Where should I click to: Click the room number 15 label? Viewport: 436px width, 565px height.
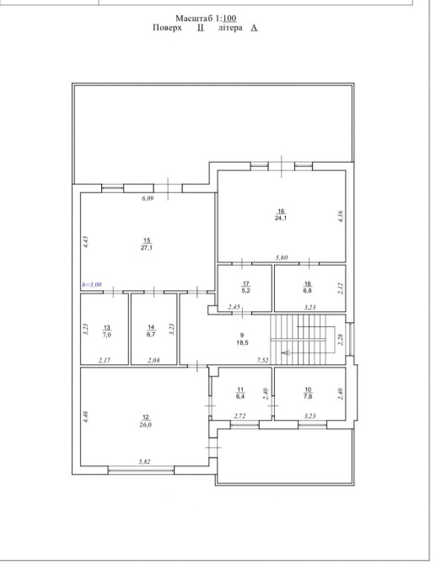(147, 240)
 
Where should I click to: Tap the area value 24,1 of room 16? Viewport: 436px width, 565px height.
(281, 218)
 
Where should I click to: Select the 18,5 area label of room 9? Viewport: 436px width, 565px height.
(242, 342)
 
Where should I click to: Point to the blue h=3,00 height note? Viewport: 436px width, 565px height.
(92, 284)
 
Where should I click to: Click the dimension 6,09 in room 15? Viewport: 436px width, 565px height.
(148, 198)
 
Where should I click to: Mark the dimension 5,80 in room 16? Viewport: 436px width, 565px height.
(282, 257)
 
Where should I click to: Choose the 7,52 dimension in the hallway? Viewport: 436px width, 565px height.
(262, 360)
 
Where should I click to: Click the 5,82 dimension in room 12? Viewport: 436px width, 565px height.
(144, 461)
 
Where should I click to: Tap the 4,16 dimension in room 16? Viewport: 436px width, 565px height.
(341, 217)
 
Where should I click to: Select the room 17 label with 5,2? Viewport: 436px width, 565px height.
(245, 288)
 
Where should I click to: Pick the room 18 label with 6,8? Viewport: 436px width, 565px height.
(307, 288)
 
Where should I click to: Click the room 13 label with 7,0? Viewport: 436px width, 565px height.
(106, 331)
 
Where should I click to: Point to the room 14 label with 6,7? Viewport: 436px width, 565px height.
(151, 331)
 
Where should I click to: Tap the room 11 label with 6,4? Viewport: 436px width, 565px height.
(240, 393)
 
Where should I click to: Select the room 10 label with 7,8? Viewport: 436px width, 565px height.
(308, 393)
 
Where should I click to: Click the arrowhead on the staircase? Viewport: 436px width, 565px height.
(285, 352)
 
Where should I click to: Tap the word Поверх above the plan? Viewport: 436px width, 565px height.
(167, 28)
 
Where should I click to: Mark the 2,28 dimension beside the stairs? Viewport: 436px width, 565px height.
(341, 340)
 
